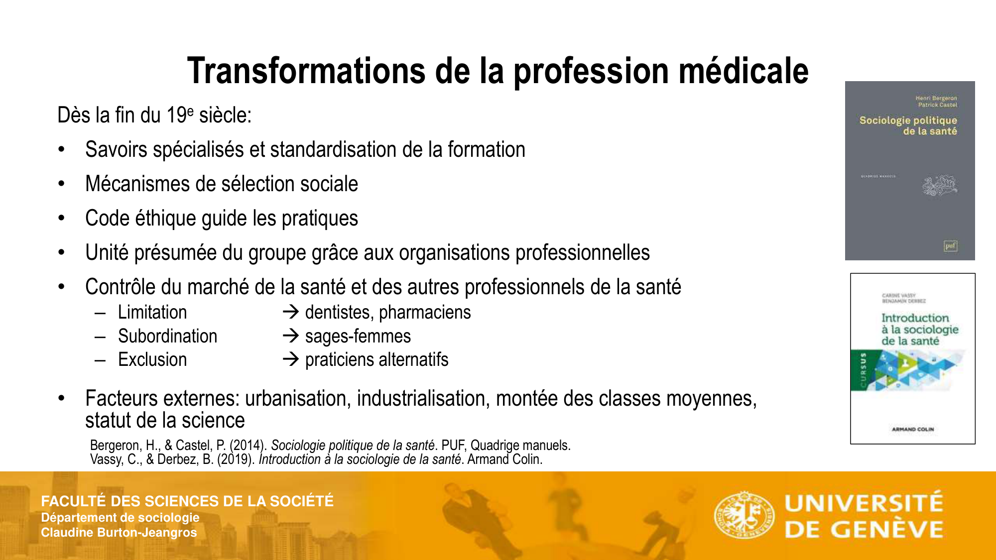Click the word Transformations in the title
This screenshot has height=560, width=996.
(x=306, y=71)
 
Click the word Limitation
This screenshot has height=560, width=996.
(x=152, y=313)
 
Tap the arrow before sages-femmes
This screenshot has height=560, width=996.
(x=290, y=336)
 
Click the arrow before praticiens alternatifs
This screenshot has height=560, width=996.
(x=290, y=359)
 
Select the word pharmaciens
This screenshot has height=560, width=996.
(x=425, y=313)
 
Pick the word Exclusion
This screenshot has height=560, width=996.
(x=152, y=359)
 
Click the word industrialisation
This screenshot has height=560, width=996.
(x=423, y=398)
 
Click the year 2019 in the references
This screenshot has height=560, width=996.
(x=236, y=459)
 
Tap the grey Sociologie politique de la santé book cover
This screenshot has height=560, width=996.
(x=910, y=171)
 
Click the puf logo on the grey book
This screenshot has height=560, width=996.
(x=950, y=246)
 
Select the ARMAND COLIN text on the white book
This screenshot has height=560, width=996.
(x=913, y=429)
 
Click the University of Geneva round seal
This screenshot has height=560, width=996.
(x=744, y=515)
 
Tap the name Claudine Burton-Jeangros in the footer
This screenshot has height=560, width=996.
(x=119, y=533)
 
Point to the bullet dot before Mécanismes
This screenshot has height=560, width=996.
(x=61, y=184)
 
